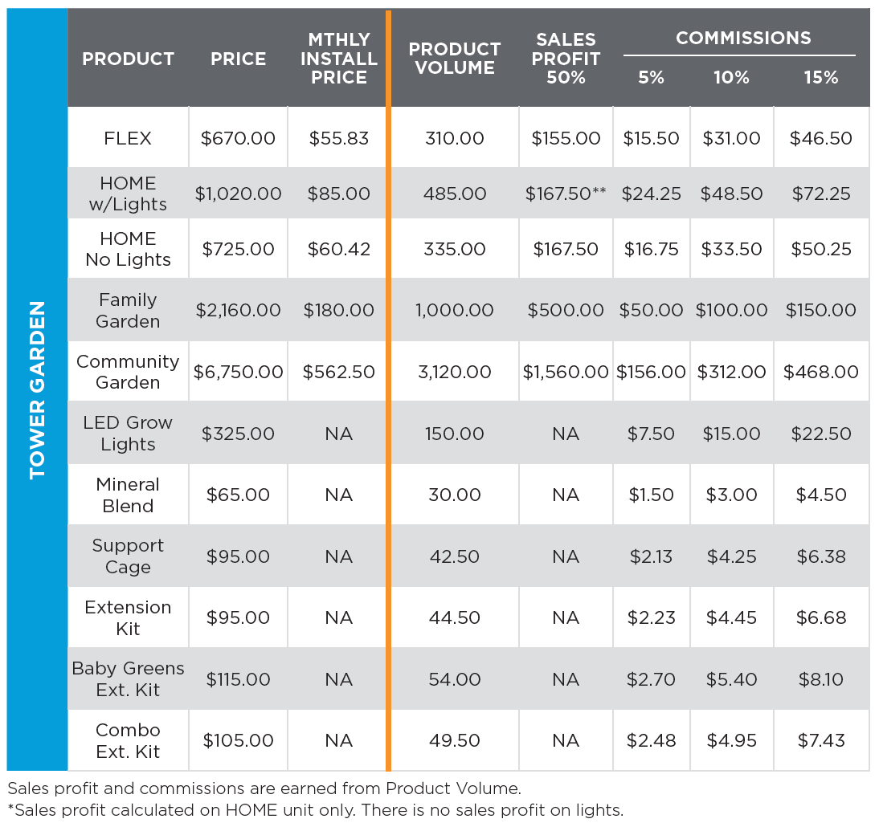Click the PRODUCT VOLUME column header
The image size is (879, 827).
point(455,59)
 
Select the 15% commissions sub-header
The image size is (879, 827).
point(820,78)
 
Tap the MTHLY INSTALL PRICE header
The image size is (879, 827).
point(338,59)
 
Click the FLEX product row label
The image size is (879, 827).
point(128,138)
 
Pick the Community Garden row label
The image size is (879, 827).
point(128,372)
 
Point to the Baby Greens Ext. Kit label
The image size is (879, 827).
point(128,679)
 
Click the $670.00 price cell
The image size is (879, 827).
point(238,138)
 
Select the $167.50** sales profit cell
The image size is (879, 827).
point(566,194)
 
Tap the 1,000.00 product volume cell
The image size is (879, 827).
point(455,310)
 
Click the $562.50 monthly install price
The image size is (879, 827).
point(338,372)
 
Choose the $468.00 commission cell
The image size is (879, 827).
point(820,372)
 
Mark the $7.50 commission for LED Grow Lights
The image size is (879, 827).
point(651,434)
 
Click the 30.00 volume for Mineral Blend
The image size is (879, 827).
point(455,495)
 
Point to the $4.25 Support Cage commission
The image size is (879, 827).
point(731,556)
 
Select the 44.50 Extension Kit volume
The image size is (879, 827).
point(455,617)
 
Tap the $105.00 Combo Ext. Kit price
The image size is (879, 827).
point(238,740)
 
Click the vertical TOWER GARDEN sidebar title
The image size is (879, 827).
point(37,390)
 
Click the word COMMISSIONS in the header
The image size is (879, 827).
point(743,38)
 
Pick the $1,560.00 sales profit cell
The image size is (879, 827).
point(566,372)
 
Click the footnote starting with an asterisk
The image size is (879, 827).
point(315,809)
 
